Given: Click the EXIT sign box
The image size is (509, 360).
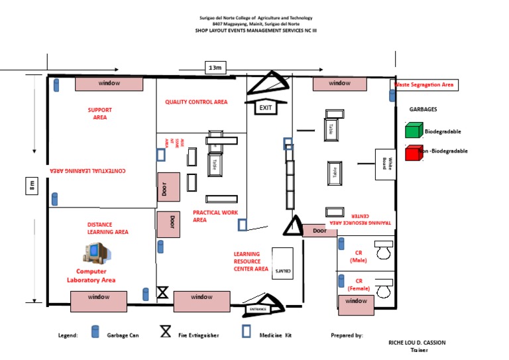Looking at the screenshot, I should pyautogui.click(x=266, y=107).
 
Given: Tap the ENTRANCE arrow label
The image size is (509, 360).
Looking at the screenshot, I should pyautogui.click(x=258, y=309).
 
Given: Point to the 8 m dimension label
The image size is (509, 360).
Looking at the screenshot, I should pyautogui.click(x=32, y=187).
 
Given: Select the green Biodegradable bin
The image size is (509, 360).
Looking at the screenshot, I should pyautogui.click(x=414, y=131).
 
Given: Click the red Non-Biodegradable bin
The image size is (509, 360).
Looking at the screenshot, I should pyautogui.click(x=414, y=151).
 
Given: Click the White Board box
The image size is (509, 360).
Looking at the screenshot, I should pyautogui.click(x=385, y=163).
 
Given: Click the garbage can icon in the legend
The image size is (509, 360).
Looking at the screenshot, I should pyautogui.click(x=95, y=332).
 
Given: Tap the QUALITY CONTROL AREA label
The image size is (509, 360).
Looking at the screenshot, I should pyautogui.click(x=196, y=102).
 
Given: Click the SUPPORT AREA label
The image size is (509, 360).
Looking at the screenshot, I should pyautogui.click(x=100, y=113).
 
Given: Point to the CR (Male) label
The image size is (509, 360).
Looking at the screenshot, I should pyautogui.click(x=358, y=256).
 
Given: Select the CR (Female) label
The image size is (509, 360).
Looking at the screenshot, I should pyautogui.click(x=358, y=284).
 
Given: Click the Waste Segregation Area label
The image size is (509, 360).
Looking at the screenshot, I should pyautogui.click(x=424, y=85).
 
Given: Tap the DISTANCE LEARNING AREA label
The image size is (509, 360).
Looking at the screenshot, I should pyautogui.click(x=107, y=229).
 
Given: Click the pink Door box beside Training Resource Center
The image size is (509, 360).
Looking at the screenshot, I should pyautogui.click(x=320, y=231).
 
